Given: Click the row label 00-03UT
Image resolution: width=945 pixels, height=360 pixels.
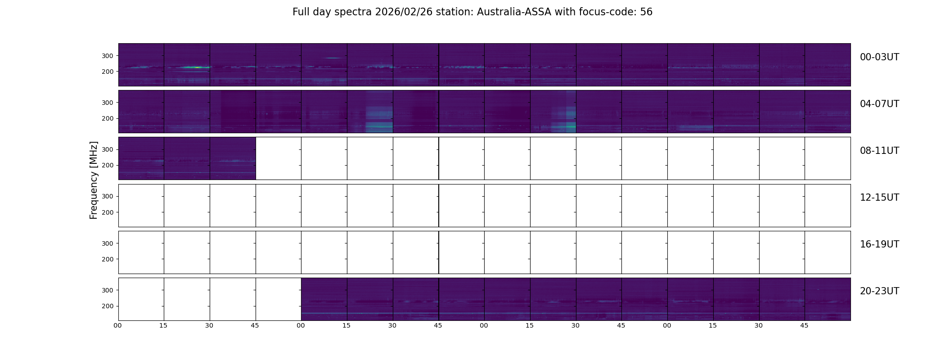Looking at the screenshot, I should tap(879, 57).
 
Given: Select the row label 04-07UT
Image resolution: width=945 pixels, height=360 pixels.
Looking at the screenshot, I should tap(879, 104).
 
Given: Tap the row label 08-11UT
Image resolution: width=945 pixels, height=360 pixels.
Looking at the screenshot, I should tap(879, 151).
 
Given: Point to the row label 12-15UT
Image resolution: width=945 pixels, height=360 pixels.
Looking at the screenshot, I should tap(879, 198).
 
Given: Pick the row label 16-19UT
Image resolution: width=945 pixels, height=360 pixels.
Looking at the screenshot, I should tap(879, 244).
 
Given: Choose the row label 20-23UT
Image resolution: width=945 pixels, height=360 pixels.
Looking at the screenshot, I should tap(879, 291).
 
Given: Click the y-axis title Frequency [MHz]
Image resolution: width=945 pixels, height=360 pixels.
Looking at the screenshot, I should tap(94, 180).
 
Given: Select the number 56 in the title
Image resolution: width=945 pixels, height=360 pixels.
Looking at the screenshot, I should tap(646, 12).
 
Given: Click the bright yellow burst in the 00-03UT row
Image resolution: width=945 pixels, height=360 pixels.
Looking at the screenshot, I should tap(197, 67).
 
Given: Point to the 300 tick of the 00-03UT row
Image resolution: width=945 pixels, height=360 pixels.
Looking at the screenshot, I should tap(108, 56).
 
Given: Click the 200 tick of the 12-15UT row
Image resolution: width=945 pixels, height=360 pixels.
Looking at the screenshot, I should tap(108, 212).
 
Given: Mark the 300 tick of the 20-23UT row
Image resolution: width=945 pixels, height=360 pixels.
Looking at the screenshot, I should tap(108, 290).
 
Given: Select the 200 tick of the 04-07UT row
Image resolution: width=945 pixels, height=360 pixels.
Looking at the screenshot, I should tap(108, 118).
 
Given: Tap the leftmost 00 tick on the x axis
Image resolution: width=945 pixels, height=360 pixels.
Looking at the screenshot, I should tap(118, 326).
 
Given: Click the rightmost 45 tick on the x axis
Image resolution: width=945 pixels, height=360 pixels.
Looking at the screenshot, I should tap(804, 326).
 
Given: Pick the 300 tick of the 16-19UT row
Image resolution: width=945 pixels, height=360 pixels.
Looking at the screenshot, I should tap(108, 243).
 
